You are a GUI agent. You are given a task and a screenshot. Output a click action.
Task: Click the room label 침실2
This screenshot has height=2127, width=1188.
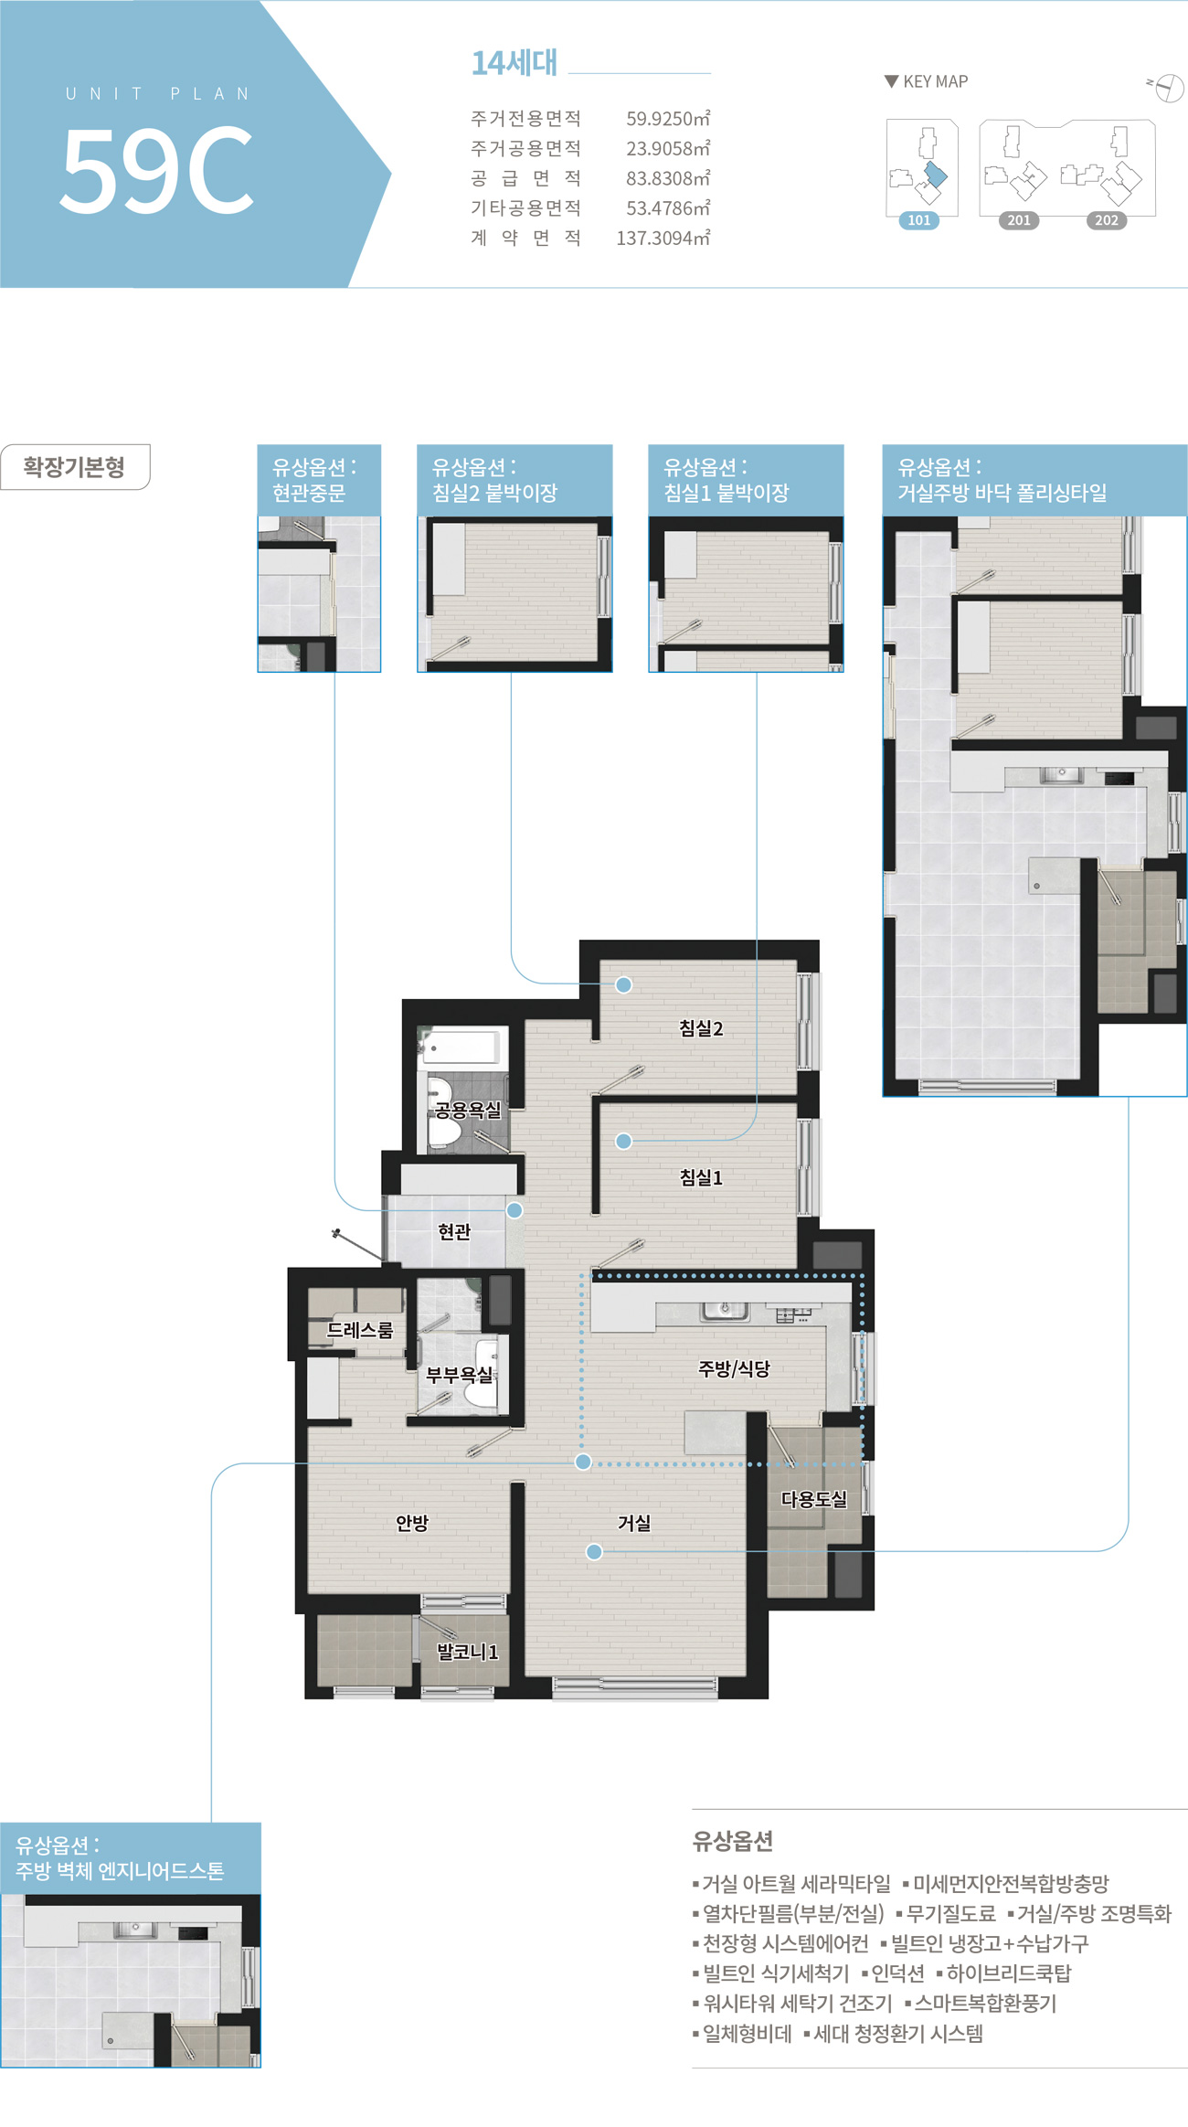click(701, 1028)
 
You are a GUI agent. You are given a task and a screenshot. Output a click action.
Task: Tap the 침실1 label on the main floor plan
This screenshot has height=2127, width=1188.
click(701, 1177)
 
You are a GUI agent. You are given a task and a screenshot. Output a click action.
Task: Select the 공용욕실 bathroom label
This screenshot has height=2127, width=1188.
click(468, 1110)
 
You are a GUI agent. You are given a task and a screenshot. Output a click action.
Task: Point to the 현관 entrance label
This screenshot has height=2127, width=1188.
click(454, 1231)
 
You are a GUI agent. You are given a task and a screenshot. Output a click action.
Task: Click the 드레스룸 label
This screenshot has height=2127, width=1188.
click(360, 1330)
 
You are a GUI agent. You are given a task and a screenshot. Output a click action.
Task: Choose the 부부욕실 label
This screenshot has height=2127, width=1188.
click(460, 1375)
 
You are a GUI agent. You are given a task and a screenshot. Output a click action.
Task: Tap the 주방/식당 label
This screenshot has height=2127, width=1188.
click(734, 1368)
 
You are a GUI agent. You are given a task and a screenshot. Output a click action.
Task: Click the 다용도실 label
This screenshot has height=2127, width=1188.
click(814, 1499)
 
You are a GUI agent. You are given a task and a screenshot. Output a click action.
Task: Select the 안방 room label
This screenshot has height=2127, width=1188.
click(412, 1523)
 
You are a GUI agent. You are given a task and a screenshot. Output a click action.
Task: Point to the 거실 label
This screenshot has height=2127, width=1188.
click(634, 1523)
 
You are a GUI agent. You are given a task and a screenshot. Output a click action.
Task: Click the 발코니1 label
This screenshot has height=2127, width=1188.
click(467, 1652)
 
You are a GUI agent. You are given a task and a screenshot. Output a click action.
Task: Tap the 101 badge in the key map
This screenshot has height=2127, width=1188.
click(919, 220)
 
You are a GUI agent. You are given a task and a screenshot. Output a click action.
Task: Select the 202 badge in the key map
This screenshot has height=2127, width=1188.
click(1107, 220)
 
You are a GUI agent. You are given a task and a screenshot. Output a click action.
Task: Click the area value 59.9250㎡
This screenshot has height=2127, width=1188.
click(668, 119)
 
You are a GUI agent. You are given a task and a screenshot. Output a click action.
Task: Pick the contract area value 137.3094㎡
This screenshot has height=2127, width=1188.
click(663, 239)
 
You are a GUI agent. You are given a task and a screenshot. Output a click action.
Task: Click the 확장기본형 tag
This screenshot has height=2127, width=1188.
click(75, 467)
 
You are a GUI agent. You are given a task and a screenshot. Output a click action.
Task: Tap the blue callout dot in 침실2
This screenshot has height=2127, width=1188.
click(623, 984)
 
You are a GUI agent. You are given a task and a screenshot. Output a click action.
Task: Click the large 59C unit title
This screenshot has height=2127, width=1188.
click(156, 170)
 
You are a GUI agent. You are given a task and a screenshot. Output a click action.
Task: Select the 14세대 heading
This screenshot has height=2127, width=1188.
click(514, 63)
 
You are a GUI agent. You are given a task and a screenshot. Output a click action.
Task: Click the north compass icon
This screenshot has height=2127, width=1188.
click(1169, 88)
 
